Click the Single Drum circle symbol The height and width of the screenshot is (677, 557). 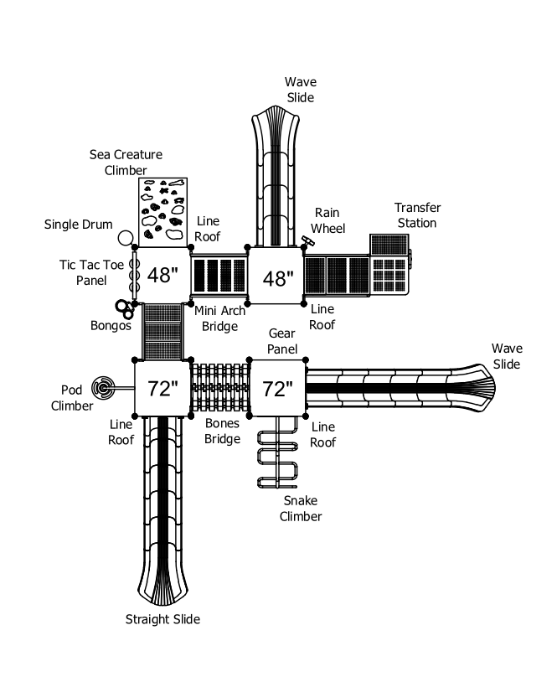[125, 238]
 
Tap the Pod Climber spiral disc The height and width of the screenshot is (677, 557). [103, 388]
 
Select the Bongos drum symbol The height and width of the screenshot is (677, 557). [124, 308]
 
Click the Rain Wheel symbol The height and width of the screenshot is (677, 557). [308, 241]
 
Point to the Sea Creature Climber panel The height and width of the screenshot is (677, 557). [162, 212]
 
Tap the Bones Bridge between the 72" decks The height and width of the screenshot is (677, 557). [219, 388]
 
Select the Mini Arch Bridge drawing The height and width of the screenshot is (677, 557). [219, 276]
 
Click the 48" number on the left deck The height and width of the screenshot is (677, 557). [162, 275]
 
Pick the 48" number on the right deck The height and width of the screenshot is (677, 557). [278, 278]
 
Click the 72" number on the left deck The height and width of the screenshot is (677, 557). [162, 389]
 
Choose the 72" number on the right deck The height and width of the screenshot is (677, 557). [277, 389]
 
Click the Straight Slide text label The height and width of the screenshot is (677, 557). [162, 619]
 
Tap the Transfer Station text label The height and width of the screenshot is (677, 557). [417, 215]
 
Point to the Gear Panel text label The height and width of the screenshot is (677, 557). [282, 341]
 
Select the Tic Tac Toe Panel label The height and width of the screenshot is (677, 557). [91, 272]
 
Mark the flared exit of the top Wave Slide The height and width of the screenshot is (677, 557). [276, 124]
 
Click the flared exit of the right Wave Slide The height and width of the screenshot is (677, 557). [474, 388]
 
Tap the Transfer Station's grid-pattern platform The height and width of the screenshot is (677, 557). [389, 275]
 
